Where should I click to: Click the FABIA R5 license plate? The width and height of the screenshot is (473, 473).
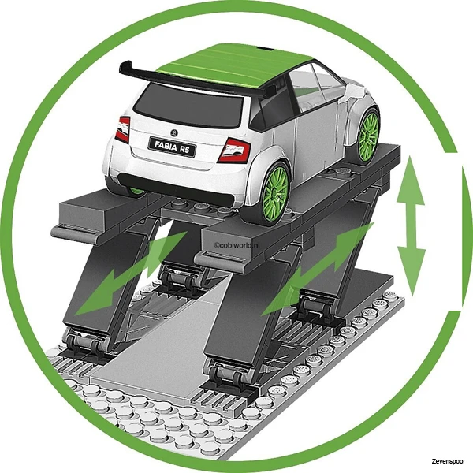[172, 147]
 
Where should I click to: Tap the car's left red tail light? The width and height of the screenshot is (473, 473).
[122, 130]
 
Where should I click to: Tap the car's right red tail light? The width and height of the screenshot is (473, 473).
[234, 150]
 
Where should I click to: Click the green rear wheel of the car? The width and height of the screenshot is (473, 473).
[275, 194]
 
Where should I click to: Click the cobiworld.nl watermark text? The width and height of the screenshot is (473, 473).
[237, 245]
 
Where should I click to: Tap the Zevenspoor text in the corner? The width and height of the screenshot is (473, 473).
[448, 461]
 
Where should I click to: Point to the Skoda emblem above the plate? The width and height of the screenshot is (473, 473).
[174, 132]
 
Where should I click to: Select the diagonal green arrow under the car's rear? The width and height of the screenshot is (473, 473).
[130, 273]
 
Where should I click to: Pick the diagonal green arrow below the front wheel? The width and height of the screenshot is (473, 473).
[318, 269]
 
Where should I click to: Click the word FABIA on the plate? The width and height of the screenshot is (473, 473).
[166, 146]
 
